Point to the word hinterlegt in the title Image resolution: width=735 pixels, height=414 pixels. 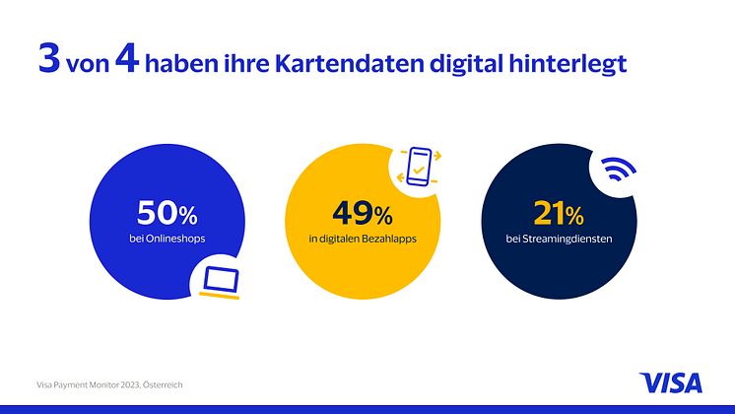pyautogui.click(x=567, y=64)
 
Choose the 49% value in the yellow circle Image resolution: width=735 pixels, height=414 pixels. pyautogui.click(x=364, y=212)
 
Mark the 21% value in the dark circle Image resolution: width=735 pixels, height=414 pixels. pyautogui.click(x=560, y=212)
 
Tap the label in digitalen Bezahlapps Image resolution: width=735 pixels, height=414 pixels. pyautogui.click(x=364, y=239)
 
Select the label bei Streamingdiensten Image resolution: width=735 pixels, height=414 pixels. pyautogui.click(x=560, y=239)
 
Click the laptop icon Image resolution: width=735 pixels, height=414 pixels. pyautogui.click(x=220, y=280)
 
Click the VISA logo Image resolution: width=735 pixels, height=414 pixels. pyautogui.click(x=672, y=381)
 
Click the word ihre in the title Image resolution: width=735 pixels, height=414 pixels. pyautogui.click(x=249, y=64)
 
